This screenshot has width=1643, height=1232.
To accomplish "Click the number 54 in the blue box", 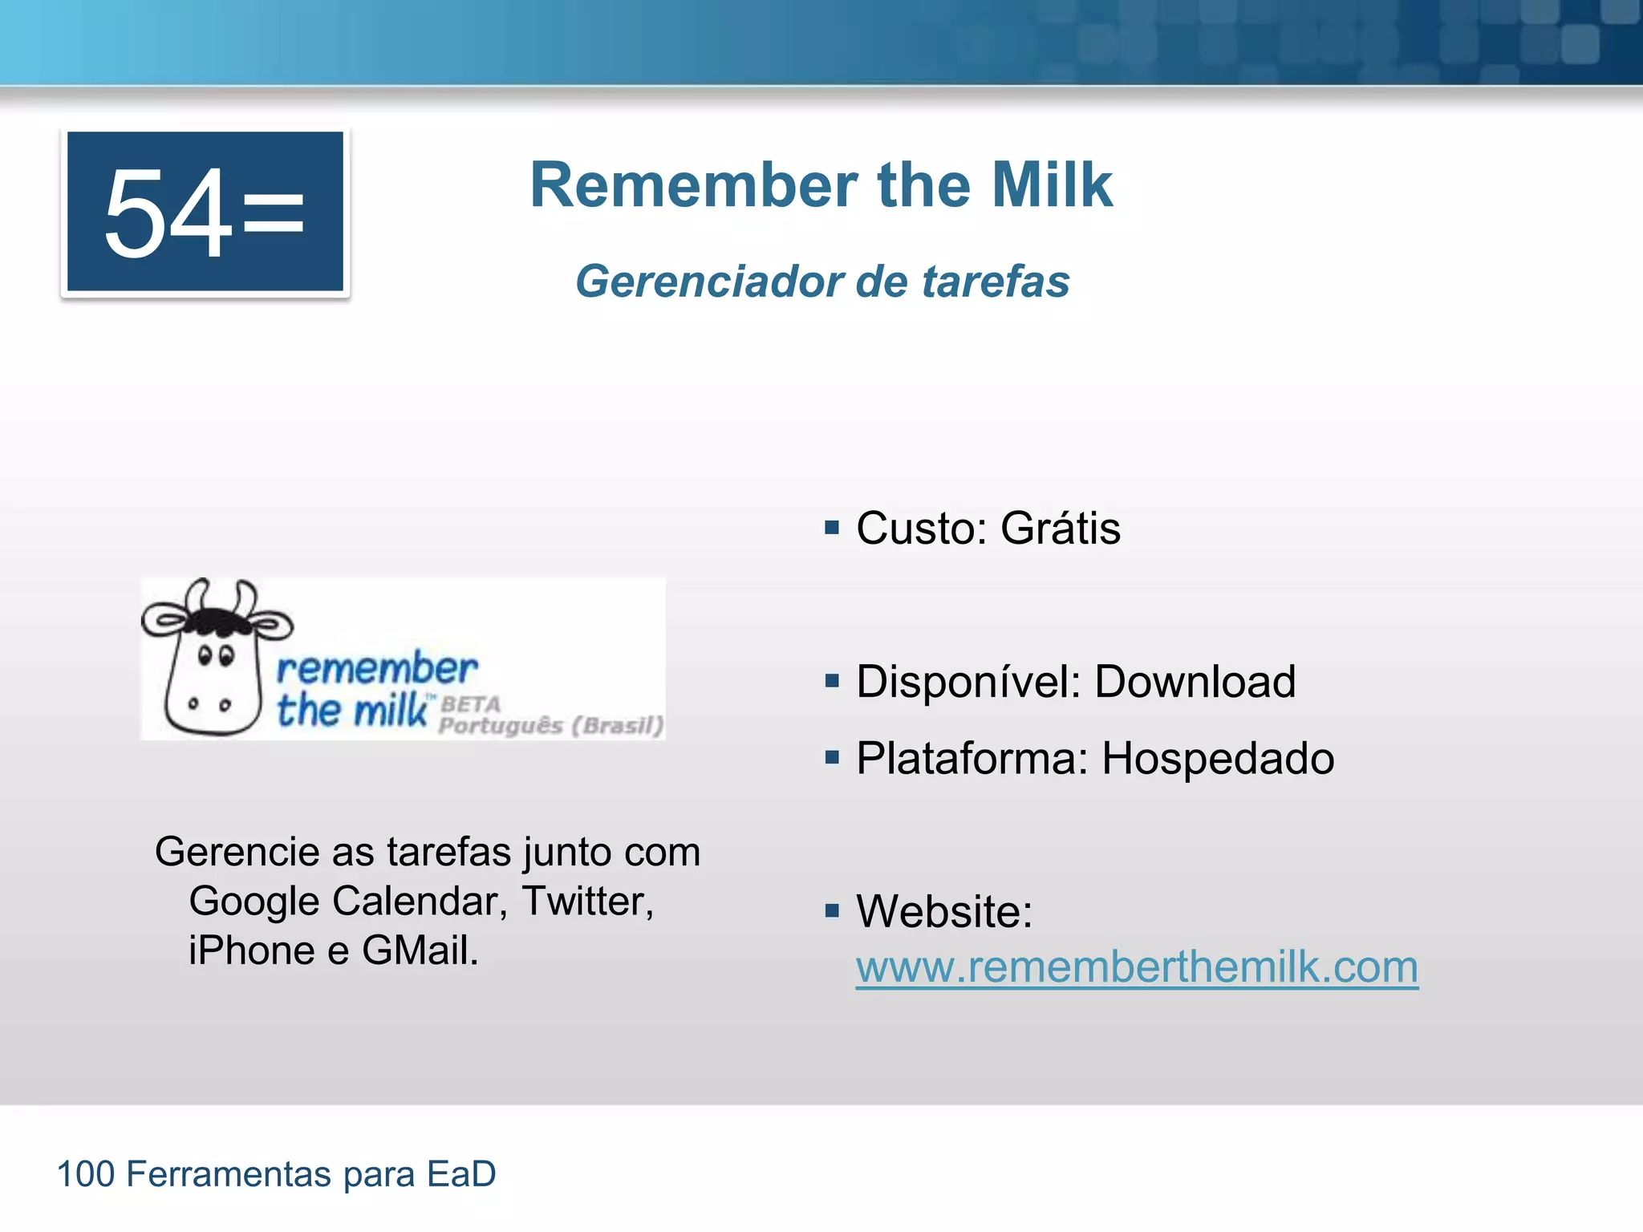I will click(168, 213).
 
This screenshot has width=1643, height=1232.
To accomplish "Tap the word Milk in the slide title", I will click(1052, 185).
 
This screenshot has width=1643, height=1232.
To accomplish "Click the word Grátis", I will click(1060, 529).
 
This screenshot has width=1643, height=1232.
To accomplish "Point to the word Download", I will click(1195, 682).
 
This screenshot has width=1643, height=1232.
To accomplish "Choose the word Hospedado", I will click(1217, 758).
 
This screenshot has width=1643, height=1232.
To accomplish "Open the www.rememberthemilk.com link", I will click(1136, 967).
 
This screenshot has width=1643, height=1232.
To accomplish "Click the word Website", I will click(943, 911).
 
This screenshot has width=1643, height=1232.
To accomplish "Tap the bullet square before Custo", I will click(832, 528).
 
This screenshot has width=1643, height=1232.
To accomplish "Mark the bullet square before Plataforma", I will click(832, 757).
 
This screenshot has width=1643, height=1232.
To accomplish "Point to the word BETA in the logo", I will click(471, 704).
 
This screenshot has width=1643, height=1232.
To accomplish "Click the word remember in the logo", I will click(376, 669).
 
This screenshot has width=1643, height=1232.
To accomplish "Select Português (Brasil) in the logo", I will click(551, 726).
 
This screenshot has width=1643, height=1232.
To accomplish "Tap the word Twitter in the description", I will click(586, 901).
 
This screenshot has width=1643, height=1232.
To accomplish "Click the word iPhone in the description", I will click(252, 950).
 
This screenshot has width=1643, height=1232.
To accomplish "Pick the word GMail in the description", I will click(419, 950).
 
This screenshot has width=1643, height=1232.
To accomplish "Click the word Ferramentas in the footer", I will click(229, 1174).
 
